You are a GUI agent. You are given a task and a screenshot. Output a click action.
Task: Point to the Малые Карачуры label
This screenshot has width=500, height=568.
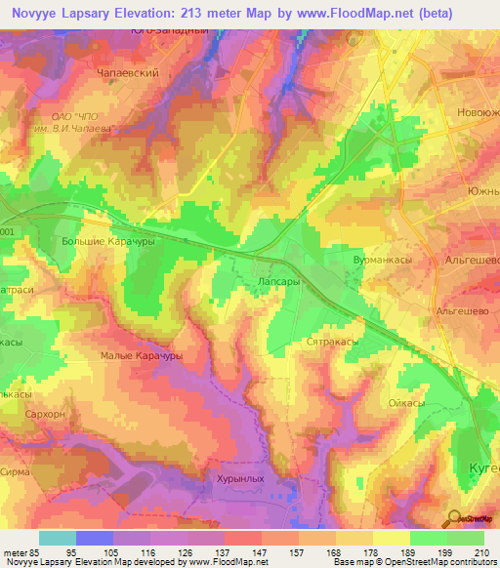point(142,357)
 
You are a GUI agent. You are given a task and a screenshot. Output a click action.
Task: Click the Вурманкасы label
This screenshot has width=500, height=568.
point(383,263)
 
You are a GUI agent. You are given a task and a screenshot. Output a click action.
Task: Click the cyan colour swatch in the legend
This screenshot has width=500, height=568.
point(58,539)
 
